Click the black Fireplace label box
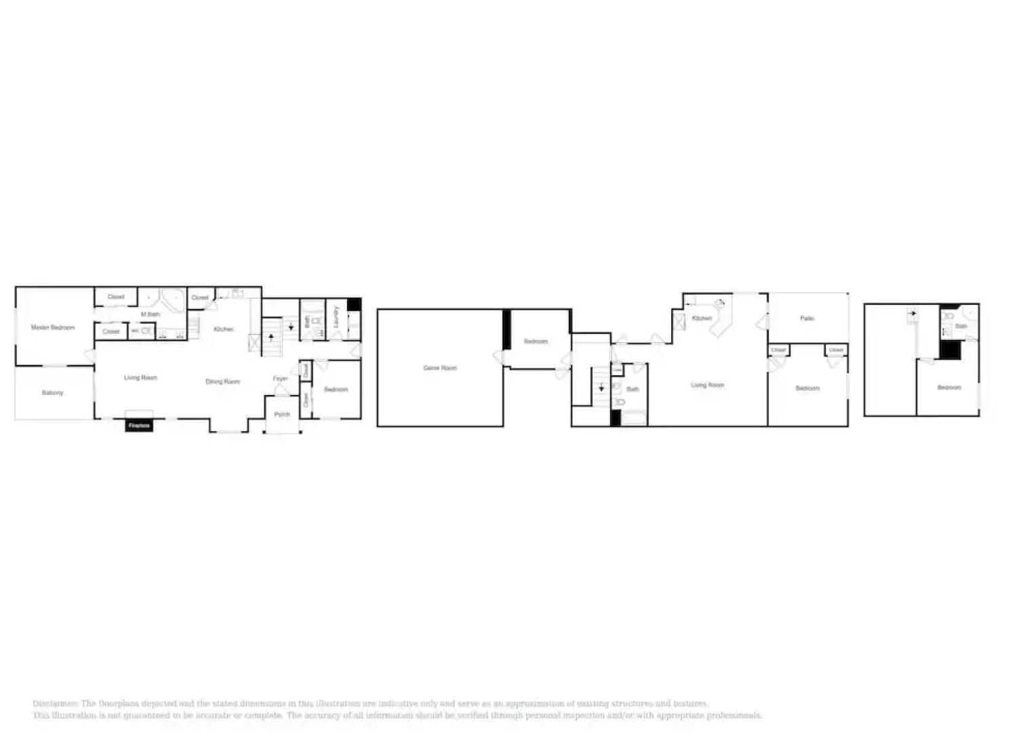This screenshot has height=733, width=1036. (x=139, y=426)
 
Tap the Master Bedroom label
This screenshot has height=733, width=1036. (x=52, y=328)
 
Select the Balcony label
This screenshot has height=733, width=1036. (x=52, y=393)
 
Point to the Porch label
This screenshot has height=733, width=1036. (x=282, y=414)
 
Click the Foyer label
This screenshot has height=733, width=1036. (x=280, y=379)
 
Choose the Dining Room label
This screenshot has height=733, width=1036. (x=222, y=381)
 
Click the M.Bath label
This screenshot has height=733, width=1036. (x=150, y=314)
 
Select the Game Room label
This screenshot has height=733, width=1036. (x=440, y=368)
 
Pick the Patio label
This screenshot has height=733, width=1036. (x=807, y=318)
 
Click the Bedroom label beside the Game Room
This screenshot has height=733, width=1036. (x=536, y=341)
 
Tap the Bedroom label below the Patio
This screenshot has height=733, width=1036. (x=808, y=388)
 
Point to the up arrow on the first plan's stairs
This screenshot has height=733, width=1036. (x=271, y=337)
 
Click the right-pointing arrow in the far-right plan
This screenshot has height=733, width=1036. (x=913, y=314)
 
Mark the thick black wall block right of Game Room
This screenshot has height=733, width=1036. (x=506, y=330)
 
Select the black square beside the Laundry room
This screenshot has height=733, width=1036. (x=354, y=304)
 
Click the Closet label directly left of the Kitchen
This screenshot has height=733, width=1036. (x=200, y=297)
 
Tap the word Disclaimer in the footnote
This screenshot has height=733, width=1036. (x=55, y=704)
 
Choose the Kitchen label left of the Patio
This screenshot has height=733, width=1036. (x=702, y=318)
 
